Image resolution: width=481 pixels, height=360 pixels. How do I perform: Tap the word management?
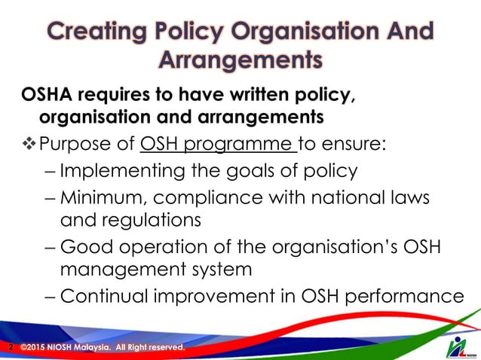[122, 270]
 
